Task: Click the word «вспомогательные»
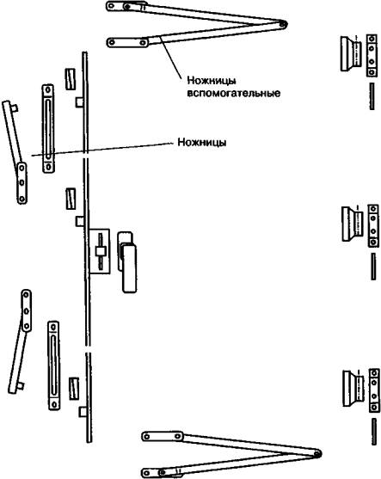(233, 93)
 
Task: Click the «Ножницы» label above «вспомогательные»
(212, 81)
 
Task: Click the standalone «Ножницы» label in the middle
(202, 143)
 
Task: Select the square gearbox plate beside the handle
(99, 251)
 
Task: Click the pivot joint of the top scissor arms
(283, 24)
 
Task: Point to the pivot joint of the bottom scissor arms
(317, 453)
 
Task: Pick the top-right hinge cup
(351, 54)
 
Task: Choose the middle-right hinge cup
(353, 224)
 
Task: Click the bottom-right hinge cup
(353, 388)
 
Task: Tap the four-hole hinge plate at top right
(372, 55)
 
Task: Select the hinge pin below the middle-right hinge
(373, 267)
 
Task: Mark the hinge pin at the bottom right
(374, 432)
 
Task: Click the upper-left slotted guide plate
(48, 129)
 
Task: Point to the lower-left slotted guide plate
(54, 365)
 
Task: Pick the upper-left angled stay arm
(15, 151)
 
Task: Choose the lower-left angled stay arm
(21, 341)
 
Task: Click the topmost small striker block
(71, 79)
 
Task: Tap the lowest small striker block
(74, 389)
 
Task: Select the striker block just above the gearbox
(71, 199)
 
